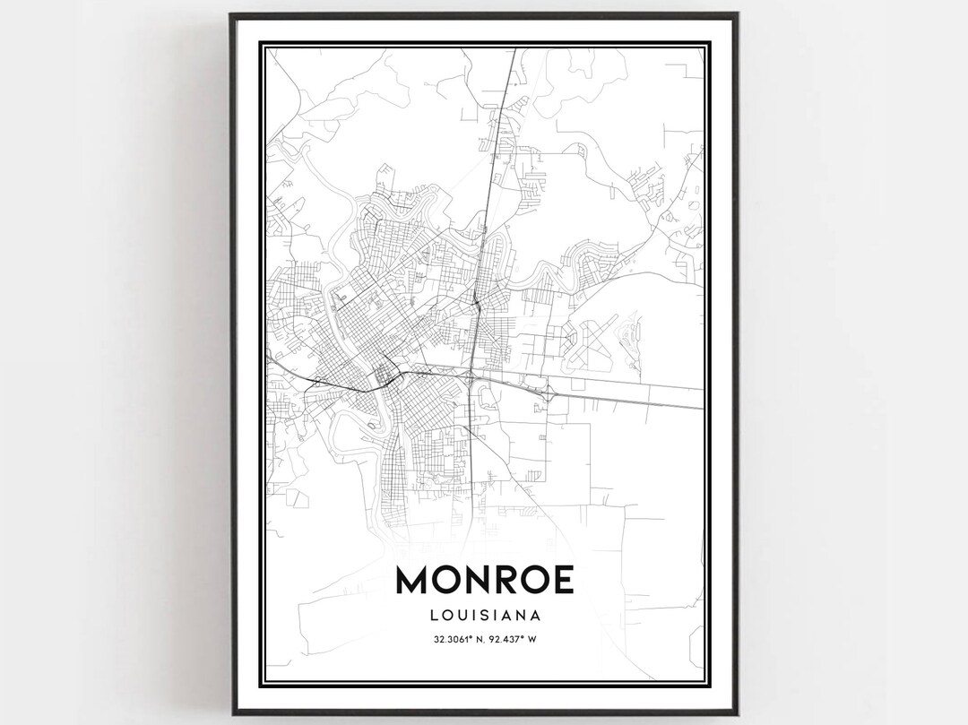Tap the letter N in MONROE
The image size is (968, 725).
[x=486, y=580]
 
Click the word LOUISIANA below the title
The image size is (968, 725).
[x=484, y=616]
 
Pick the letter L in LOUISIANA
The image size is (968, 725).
[x=434, y=616]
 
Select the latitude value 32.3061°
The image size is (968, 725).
[x=452, y=639]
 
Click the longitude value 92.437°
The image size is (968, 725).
[x=506, y=639]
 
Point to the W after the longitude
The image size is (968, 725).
[x=532, y=639]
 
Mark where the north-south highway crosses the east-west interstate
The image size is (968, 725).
[x=471, y=377]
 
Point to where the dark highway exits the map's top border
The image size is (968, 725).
[x=514, y=50]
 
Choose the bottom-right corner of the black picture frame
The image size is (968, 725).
[x=738, y=712]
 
